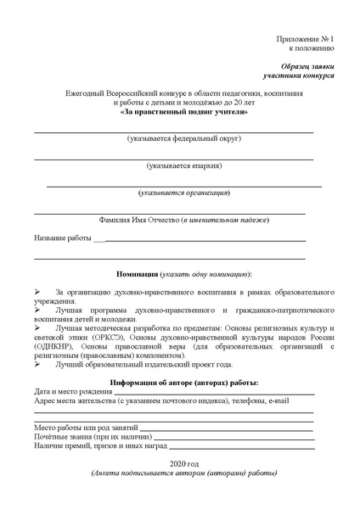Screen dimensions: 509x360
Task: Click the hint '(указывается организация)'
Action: tap(184, 193)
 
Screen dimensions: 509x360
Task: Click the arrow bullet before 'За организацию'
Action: tap(37, 292)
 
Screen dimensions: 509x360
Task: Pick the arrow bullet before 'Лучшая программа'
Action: tap(37, 310)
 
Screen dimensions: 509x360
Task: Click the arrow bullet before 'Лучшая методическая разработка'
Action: tap(37, 328)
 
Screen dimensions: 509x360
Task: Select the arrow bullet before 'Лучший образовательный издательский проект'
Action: tap(37, 364)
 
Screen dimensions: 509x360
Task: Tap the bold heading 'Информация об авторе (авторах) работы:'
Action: tap(184, 383)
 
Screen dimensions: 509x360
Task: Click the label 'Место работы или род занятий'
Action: tap(85, 428)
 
